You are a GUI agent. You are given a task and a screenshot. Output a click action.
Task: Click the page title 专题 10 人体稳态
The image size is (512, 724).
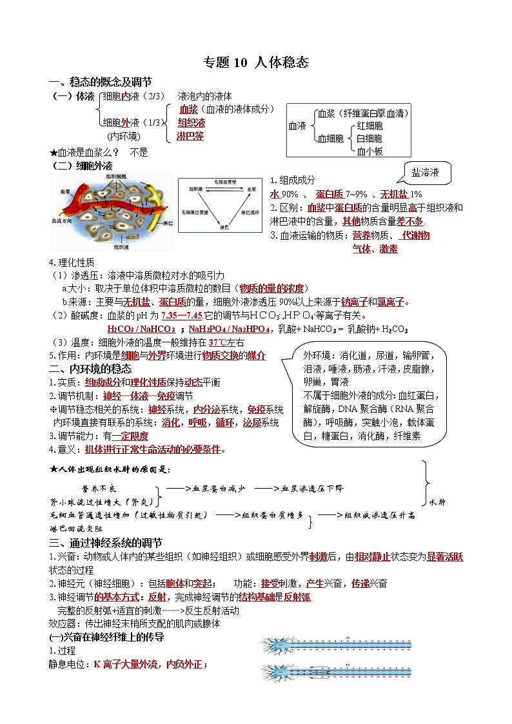(x=256, y=63)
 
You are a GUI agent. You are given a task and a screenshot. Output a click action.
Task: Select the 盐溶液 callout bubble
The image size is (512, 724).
(x=426, y=172)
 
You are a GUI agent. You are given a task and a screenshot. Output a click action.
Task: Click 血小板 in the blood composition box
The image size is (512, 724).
(x=370, y=152)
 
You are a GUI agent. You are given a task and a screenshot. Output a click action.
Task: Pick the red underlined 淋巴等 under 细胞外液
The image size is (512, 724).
(x=190, y=136)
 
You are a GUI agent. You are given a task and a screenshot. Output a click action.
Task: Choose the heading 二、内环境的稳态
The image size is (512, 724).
(x=90, y=369)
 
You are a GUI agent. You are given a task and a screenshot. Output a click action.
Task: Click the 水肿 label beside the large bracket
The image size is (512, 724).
(x=437, y=502)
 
